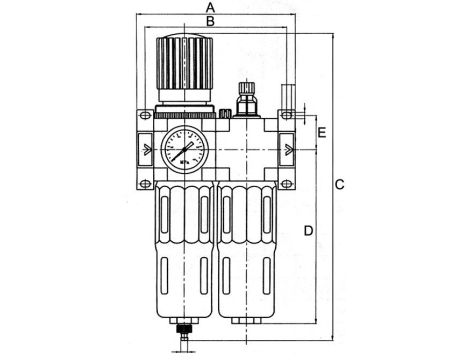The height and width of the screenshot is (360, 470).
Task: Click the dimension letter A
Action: [x=209, y=8]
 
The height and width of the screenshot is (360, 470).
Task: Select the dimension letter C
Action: [x=340, y=185]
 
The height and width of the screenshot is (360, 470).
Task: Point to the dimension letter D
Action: [x=308, y=231]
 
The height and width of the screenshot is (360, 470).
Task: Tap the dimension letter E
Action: [x=321, y=132]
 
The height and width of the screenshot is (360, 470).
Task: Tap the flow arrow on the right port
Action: [x=288, y=150]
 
